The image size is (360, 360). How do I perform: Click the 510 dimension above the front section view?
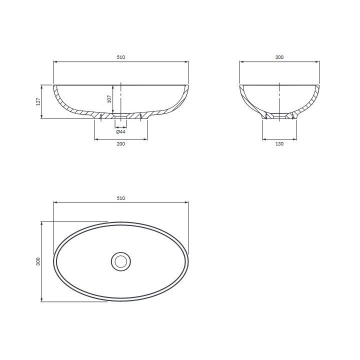click(x=121, y=57)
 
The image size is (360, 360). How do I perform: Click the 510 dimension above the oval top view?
click(x=121, y=198)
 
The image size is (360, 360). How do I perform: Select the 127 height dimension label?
click(x=38, y=101)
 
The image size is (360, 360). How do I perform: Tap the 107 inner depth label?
click(x=109, y=99)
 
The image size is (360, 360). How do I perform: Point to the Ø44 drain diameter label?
click(x=121, y=131)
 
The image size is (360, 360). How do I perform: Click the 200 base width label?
click(x=121, y=143)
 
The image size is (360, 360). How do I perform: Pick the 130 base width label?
click(x=279, y=143)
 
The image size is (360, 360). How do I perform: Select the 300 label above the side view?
click(x=279, y=57)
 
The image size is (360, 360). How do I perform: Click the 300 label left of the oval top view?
click(x=38, y=261)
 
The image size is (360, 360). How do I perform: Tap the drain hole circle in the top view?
click(x=121, y=261)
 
